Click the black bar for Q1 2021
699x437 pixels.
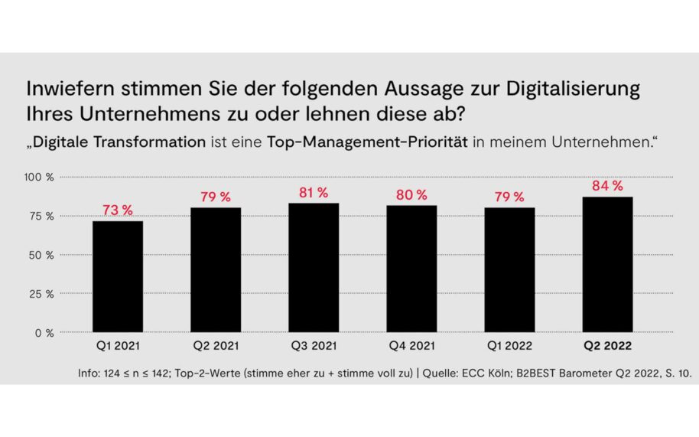point(118,276)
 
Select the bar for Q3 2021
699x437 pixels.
point(314,267)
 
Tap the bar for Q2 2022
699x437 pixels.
point(607,264)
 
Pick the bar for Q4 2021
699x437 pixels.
point(411,269)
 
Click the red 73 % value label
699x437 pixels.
point(118,210)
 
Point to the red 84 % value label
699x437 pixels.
point(607,185)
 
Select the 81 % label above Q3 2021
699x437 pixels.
point(314,191)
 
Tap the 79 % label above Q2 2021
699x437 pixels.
point(216,197)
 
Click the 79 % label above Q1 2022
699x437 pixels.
point(509,197)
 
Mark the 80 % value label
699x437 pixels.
point(411,194)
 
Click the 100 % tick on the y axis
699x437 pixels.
point(39,178)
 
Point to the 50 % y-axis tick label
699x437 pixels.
point(41,255)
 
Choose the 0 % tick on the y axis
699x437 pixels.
point(44,333)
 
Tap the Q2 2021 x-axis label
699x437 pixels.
point(216,347)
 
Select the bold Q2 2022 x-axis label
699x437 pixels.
point(607,347)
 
